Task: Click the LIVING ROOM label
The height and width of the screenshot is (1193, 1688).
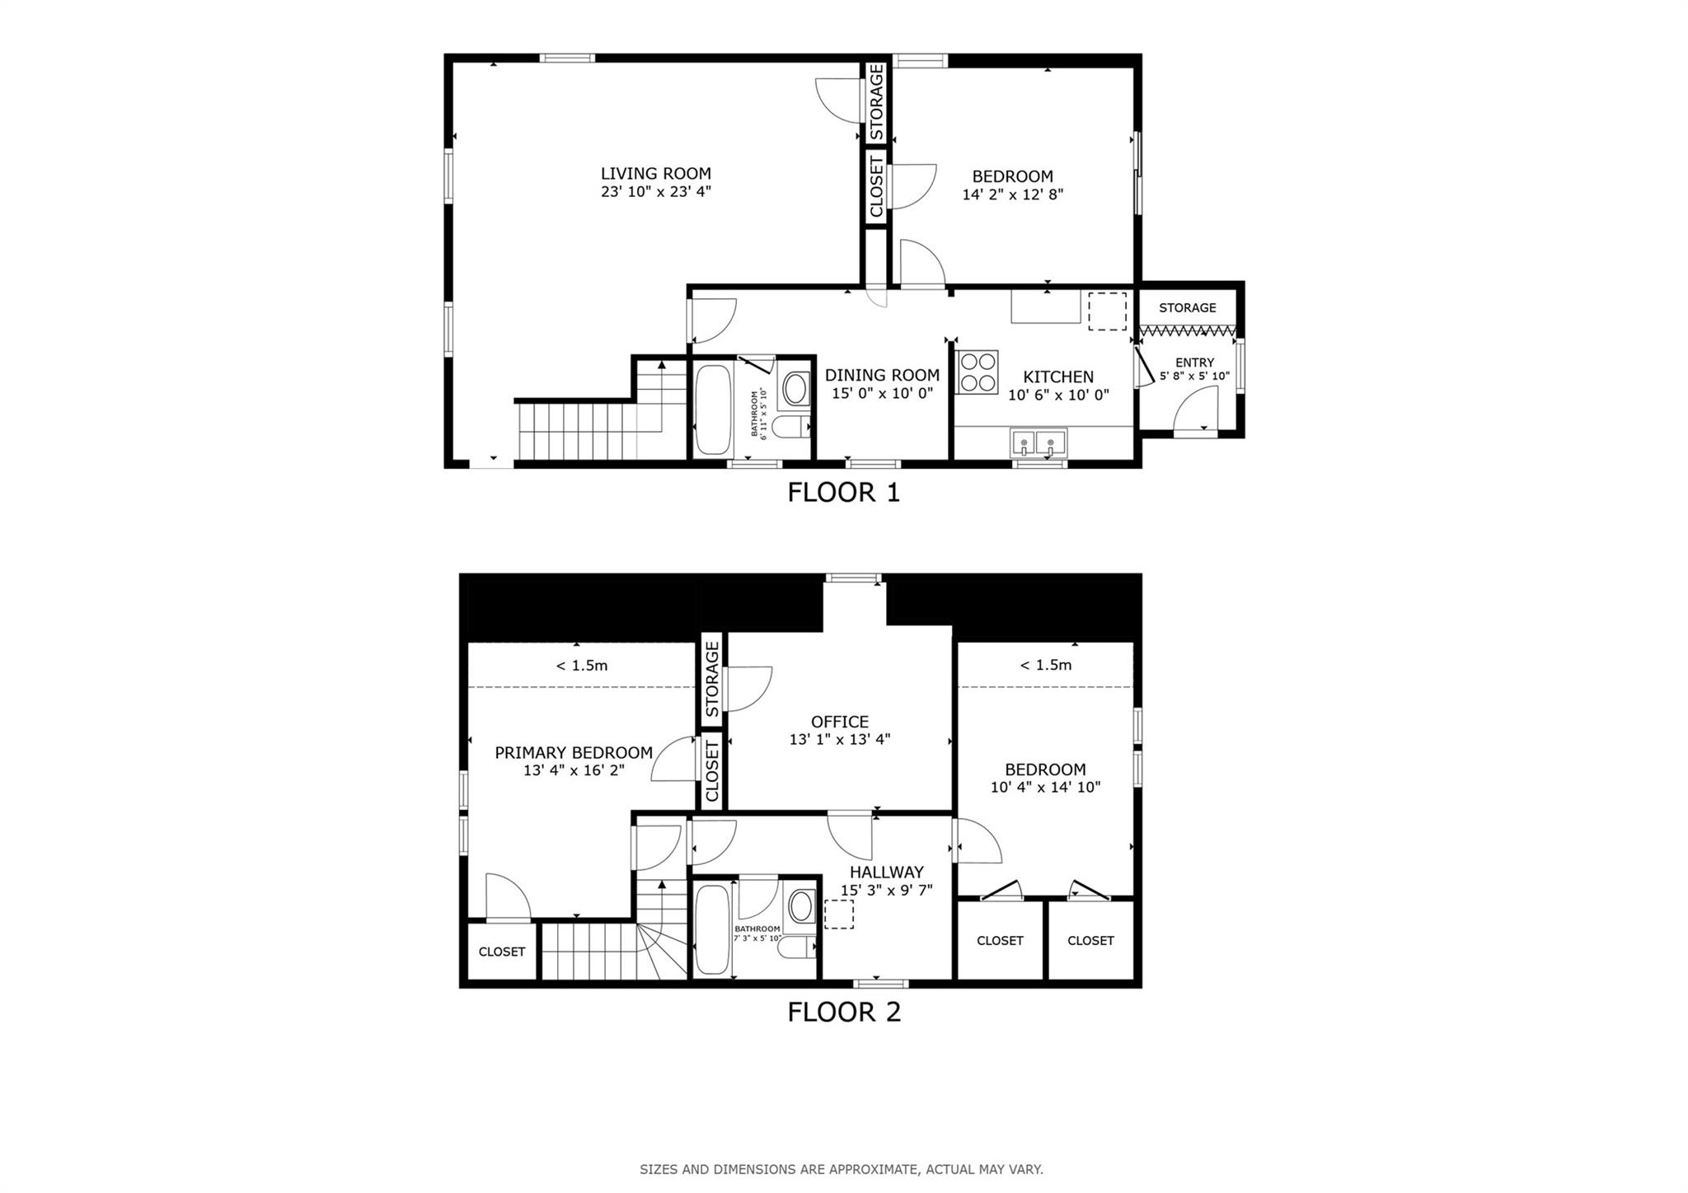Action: click(x=655, y=174)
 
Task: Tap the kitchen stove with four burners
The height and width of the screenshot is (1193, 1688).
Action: click(x=978, y=372)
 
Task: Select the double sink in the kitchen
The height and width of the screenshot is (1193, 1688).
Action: click(x=1039, y=442)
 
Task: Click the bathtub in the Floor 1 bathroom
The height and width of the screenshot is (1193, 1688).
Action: click(x=713, y=409)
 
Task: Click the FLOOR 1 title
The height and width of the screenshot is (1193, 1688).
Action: click(x=843, y=493)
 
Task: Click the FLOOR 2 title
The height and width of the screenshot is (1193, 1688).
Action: click(x=843, y=1012)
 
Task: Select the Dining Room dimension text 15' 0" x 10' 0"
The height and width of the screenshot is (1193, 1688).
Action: click(x=882, y=394)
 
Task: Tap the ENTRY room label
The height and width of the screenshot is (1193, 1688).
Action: click(x=1194, y=363)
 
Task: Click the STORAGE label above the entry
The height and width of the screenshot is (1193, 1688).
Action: click(x=1187, y=308)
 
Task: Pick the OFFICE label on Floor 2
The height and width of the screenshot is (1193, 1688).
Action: click(x=839, y=722)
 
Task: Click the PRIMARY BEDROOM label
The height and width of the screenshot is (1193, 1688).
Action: click(x=574, y=753)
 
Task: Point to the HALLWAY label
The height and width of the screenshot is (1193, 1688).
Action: click(x=886, y=872)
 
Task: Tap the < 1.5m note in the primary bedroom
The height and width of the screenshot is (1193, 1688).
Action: click(x=582, y=666)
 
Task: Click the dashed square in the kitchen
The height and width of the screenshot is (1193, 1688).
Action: click(x=1107, y=311)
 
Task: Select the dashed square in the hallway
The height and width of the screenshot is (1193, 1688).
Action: click(x=839, y=915)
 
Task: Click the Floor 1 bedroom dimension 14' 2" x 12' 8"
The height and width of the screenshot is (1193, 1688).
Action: click(x=1012, y=195)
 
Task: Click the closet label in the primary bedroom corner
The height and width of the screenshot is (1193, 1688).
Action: click(x=501, y=952)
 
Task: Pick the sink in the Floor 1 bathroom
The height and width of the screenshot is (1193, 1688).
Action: click(x=795, y=389)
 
